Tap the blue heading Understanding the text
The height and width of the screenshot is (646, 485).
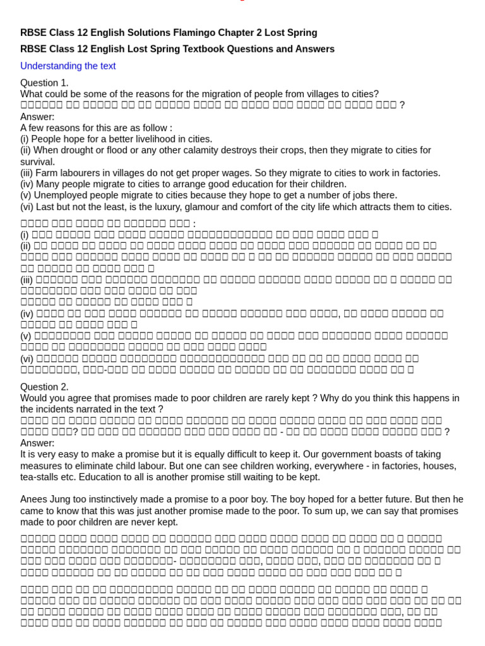click(x=68, y=66)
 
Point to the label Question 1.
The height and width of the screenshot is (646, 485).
click(x=44, y=83)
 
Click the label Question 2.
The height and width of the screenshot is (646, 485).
click(x=44, y=387)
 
